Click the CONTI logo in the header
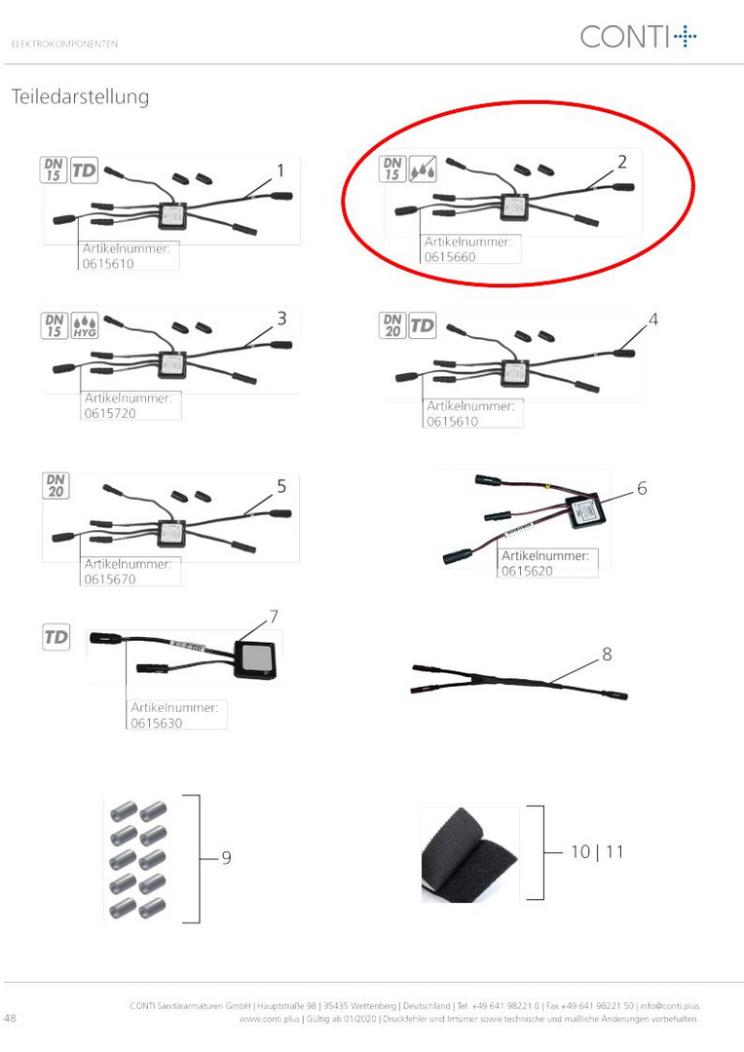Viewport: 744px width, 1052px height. click(638, 36)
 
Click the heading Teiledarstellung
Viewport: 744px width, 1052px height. click(81, 97)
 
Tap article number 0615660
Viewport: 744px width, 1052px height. click(450, 257)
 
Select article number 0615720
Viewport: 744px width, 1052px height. click(110, 413)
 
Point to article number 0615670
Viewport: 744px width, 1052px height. click(110, 579)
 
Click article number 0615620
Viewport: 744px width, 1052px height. click(527, 571)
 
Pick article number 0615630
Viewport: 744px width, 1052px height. click(157, 723)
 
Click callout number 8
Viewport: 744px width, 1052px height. click(607, 654)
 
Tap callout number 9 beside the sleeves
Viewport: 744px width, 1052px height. click(227, 857)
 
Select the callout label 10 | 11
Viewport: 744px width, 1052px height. click(597, 852)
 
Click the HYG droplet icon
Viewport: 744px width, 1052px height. click(85, 325)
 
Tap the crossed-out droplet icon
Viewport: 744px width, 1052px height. click(424, 169)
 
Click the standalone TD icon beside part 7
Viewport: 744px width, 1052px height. click(56, 637)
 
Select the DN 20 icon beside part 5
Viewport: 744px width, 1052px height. click(56, 486)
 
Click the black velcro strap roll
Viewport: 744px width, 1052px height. click(469, 854)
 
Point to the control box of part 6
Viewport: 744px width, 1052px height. click(585, 512)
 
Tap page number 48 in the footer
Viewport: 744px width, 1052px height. click(10, 1018)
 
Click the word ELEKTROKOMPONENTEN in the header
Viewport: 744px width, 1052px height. click(64, 44)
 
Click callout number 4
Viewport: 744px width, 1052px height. click(652, 319)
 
